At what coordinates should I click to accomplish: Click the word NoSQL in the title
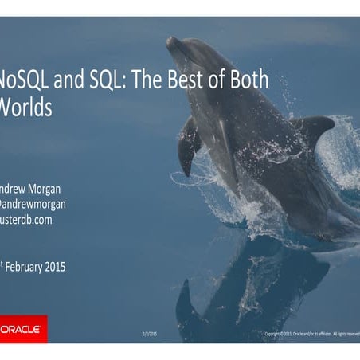point(25,81)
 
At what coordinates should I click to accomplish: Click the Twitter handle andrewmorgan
point(35,204)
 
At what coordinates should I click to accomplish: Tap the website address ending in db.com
point(25,219)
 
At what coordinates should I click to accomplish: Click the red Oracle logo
point(23,328)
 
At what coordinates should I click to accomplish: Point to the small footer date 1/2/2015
point(150,333)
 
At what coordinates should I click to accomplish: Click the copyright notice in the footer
point(311,333)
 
